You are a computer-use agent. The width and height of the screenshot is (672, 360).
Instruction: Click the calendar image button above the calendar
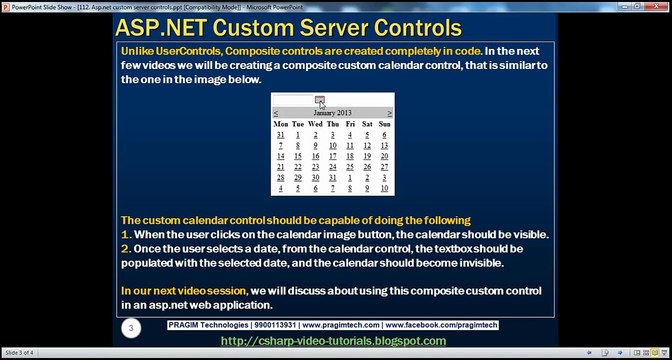319,99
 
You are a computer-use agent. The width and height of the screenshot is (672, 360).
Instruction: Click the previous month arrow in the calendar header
277,114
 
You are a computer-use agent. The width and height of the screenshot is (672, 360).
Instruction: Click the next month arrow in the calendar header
389,114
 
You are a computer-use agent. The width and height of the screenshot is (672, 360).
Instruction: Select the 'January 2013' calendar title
333,114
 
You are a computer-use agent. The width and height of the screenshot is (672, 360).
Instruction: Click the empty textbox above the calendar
294,99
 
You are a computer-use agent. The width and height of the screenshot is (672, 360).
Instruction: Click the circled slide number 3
129,327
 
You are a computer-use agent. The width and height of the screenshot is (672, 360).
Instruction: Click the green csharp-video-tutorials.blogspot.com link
333,341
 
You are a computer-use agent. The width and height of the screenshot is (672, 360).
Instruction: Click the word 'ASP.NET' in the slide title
160,27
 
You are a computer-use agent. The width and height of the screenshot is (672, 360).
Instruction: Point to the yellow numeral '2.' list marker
126,247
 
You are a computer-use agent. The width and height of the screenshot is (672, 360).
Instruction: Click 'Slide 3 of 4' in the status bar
21,354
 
